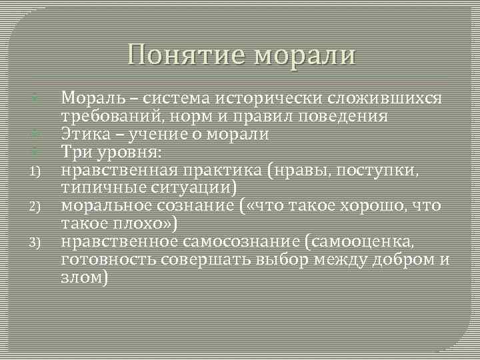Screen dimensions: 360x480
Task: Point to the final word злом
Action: tap(83, 277)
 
